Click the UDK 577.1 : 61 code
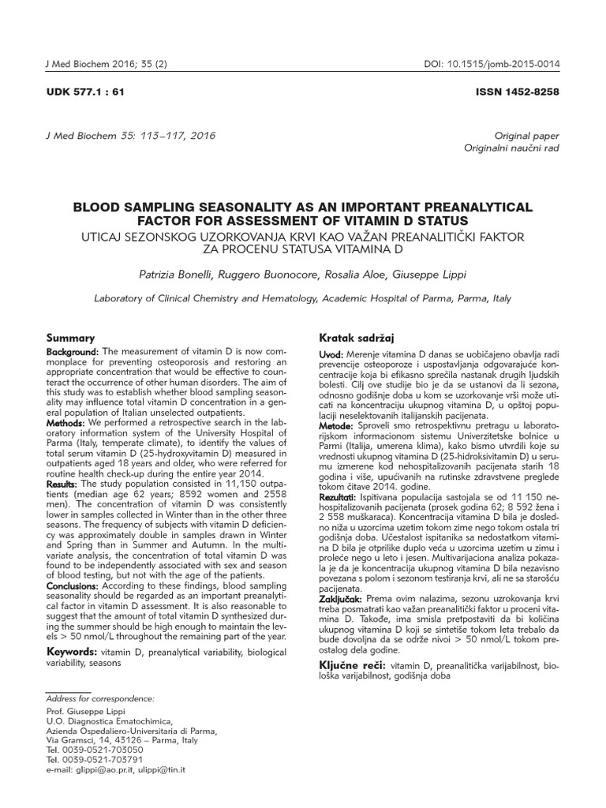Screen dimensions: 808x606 click(86, 92)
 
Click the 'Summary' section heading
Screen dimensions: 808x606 click(71, 337)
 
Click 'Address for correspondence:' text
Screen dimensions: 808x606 click(100, 699)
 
